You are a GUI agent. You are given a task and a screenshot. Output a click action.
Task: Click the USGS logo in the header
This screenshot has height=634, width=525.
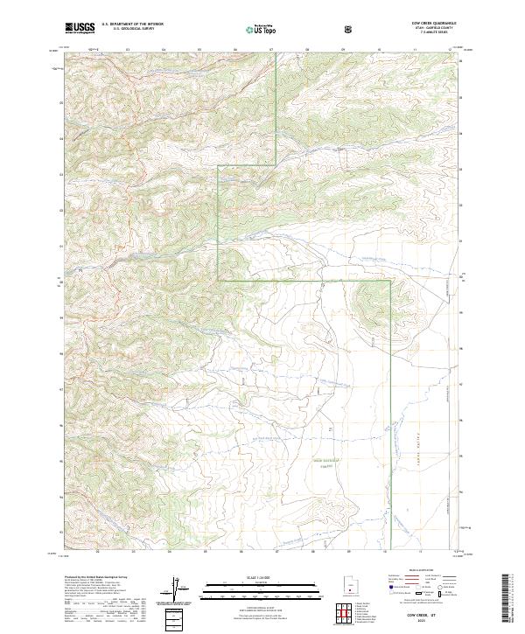coord(80,28)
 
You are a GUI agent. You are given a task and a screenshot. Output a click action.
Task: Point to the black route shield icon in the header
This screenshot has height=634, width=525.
coord(348,29)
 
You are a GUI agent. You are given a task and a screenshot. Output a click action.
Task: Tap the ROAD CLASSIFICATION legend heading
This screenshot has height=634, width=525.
coord(423,570)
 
